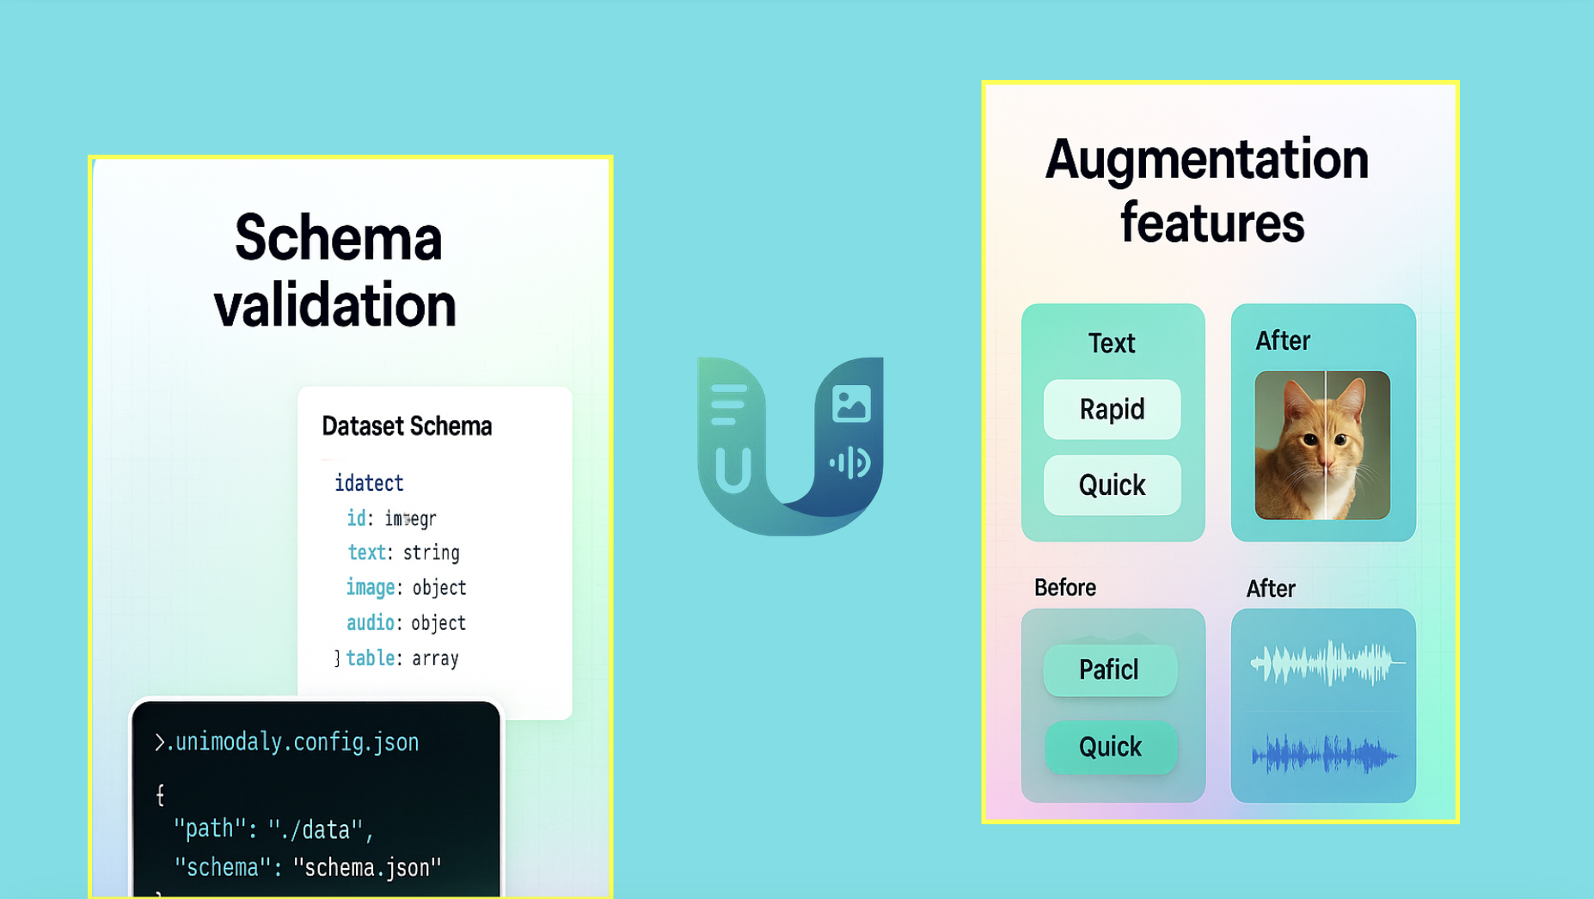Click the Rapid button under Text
(1112, 409)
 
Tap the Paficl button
(1109, 670)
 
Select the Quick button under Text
(1112, 486)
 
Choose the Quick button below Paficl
(1110, 747)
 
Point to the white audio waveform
(1326, 663)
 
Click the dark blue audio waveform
(1324, 755)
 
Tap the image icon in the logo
(851, 404)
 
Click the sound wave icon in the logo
(850, 463)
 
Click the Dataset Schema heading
(407, 426)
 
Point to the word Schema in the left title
(338, 238)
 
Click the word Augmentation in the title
(1206, 160)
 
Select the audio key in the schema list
(370, 623)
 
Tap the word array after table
(435, 658)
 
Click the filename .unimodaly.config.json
(292, 742)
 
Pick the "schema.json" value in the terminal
(367, 867)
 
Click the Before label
(1064, 588)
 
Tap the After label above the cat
(1282, 341)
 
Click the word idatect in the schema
(369, 483)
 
